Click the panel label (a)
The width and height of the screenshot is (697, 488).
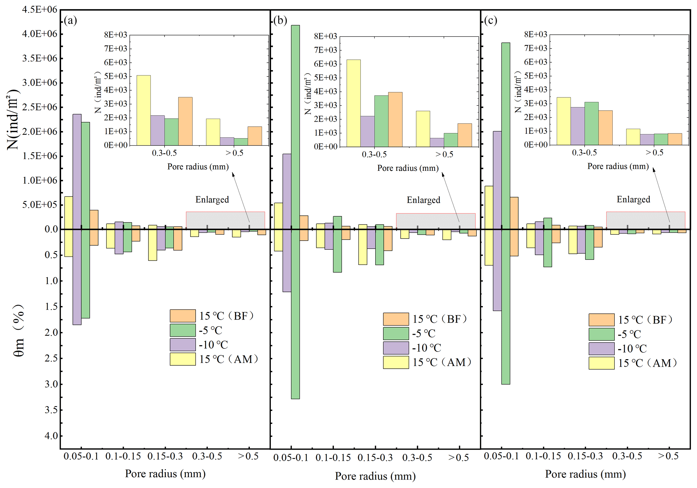pyautogui.click(x=70, y=21)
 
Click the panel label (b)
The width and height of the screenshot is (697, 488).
pyautogui.click(x=280, y=21)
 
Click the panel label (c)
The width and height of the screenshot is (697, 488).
pyautogui.click(x=491, y=21)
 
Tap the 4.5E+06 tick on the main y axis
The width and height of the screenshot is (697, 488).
pyautogui.click(x=40, y=9)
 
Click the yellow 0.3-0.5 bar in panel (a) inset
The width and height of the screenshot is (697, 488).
pyautogui.click(x=144, y=111)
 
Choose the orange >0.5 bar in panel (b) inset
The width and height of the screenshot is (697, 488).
pyautogui.click(x=465, y=135)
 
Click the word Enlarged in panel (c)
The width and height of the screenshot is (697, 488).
pyautogui.click(x=633, y=200)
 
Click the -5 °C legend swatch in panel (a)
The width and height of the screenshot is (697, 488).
pyautogui.click(x=183, y=330)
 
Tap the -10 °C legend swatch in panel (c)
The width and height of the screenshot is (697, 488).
pyautogui.click(x=602, y=349)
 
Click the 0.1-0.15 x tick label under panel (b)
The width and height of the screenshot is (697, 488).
pyautogui.click(x=333, y=458)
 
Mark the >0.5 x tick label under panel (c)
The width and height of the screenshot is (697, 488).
pyautogui.click(x=668, y=456)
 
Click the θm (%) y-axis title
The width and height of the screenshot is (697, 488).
pyautogui.click(x=20, y=331)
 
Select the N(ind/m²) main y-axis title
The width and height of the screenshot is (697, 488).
pyautogui.click(x=13, y=119)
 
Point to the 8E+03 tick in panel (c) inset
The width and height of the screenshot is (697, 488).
pyautogui.click(x=536, y=34)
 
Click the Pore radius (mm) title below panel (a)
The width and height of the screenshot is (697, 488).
pyautogui.click(x=165, y=474)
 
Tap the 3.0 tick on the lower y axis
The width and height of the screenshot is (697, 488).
pyautogui.click(x=51, y=384)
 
